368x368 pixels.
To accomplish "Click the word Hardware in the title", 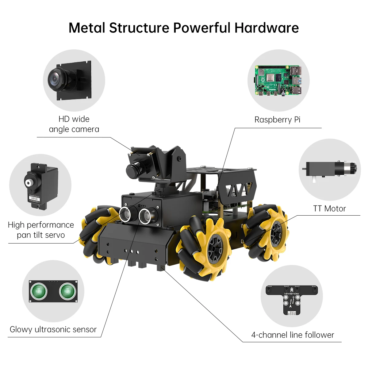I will coord(266,28).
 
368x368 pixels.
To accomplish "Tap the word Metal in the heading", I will coord(87,28).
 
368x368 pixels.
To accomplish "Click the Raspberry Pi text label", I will coord(277,120).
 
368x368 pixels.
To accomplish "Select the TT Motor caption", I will coord(329,209).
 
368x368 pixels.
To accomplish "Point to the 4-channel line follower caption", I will coord(293,335).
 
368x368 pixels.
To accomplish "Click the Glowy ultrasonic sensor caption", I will coord(53,330).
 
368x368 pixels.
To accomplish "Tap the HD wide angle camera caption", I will coord(74,124).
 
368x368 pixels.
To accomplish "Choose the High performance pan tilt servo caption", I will coord(41,230).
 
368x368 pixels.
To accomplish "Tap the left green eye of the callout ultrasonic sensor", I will coord(39,291).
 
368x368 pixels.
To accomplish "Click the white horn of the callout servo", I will coord(30,183).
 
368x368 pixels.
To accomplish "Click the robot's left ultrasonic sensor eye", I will coord(126,214).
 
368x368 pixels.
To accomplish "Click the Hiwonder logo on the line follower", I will coord(292,293).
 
